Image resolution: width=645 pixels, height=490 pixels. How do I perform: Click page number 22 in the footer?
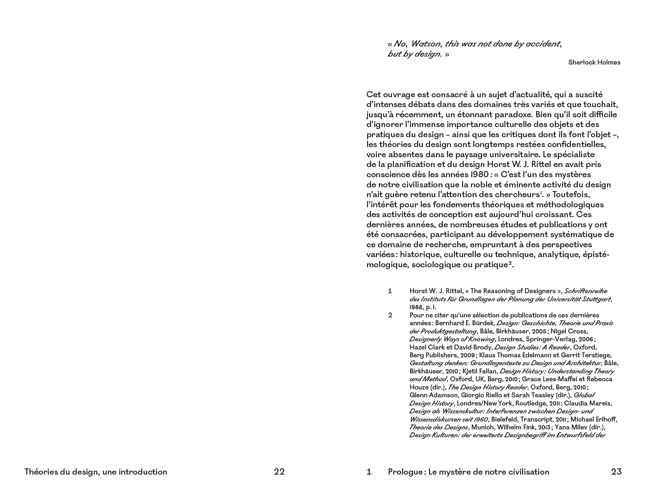point(279,472)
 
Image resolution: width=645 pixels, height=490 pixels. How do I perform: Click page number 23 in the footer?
point(616,472)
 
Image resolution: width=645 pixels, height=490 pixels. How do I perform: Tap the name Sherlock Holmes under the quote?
point(594,62)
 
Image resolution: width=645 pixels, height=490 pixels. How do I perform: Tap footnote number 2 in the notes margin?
point(390,315)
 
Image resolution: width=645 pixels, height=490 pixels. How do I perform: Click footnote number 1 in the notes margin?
point(390,291)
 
